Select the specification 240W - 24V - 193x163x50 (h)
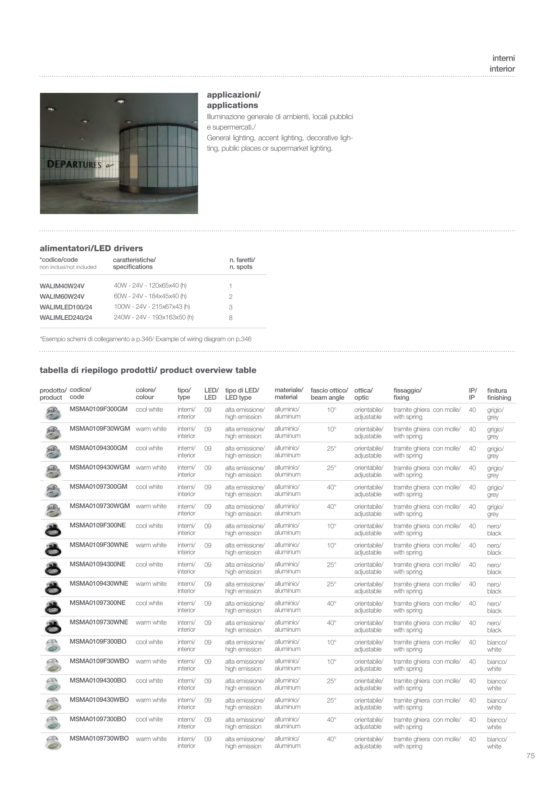[x=154, y=317]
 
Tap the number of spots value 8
[x=230, y=318]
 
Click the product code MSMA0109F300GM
[x=98, y=409]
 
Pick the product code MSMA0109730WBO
[x=99, y=739]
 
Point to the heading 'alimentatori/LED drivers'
[x=91, y=248]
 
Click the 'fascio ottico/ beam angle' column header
[x=329, y=394]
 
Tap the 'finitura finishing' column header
[x=499, y=394]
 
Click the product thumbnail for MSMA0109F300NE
[x=53, y=529]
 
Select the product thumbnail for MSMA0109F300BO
[x=53, y=645]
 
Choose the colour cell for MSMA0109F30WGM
[x=151, y=429]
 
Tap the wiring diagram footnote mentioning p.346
[x=146, y=339]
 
